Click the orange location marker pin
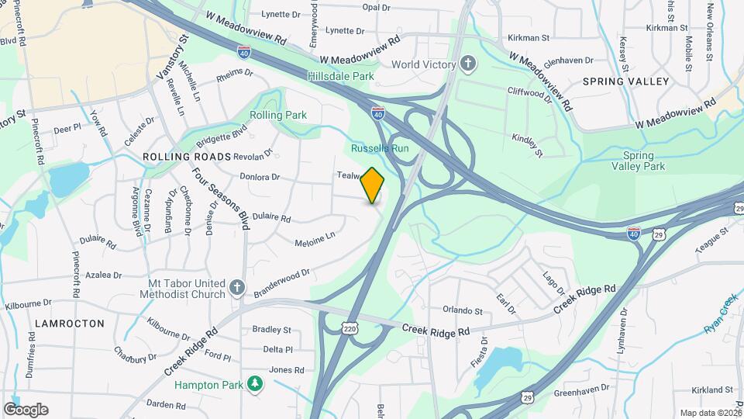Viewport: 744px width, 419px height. click(x=373, y=185)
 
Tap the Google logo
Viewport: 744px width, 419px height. click(x=26, y=410)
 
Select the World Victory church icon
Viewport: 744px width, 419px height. click(x=467, y=63)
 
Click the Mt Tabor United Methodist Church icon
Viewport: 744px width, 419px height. click(x=238, y=289)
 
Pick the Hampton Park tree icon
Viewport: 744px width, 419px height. click(x=253, y=384)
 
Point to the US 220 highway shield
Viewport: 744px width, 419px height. click(x=350, y=329)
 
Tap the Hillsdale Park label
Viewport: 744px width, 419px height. click(x=340, y=76)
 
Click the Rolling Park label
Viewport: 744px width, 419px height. click(x=278, y=115)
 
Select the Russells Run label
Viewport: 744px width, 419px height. click(x=379, y=148)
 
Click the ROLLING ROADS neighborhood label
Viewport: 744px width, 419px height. click(x=187, y=157)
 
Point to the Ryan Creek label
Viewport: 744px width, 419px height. click(x=719, y=314)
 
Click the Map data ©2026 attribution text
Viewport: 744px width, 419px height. click(x=711, y=413)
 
